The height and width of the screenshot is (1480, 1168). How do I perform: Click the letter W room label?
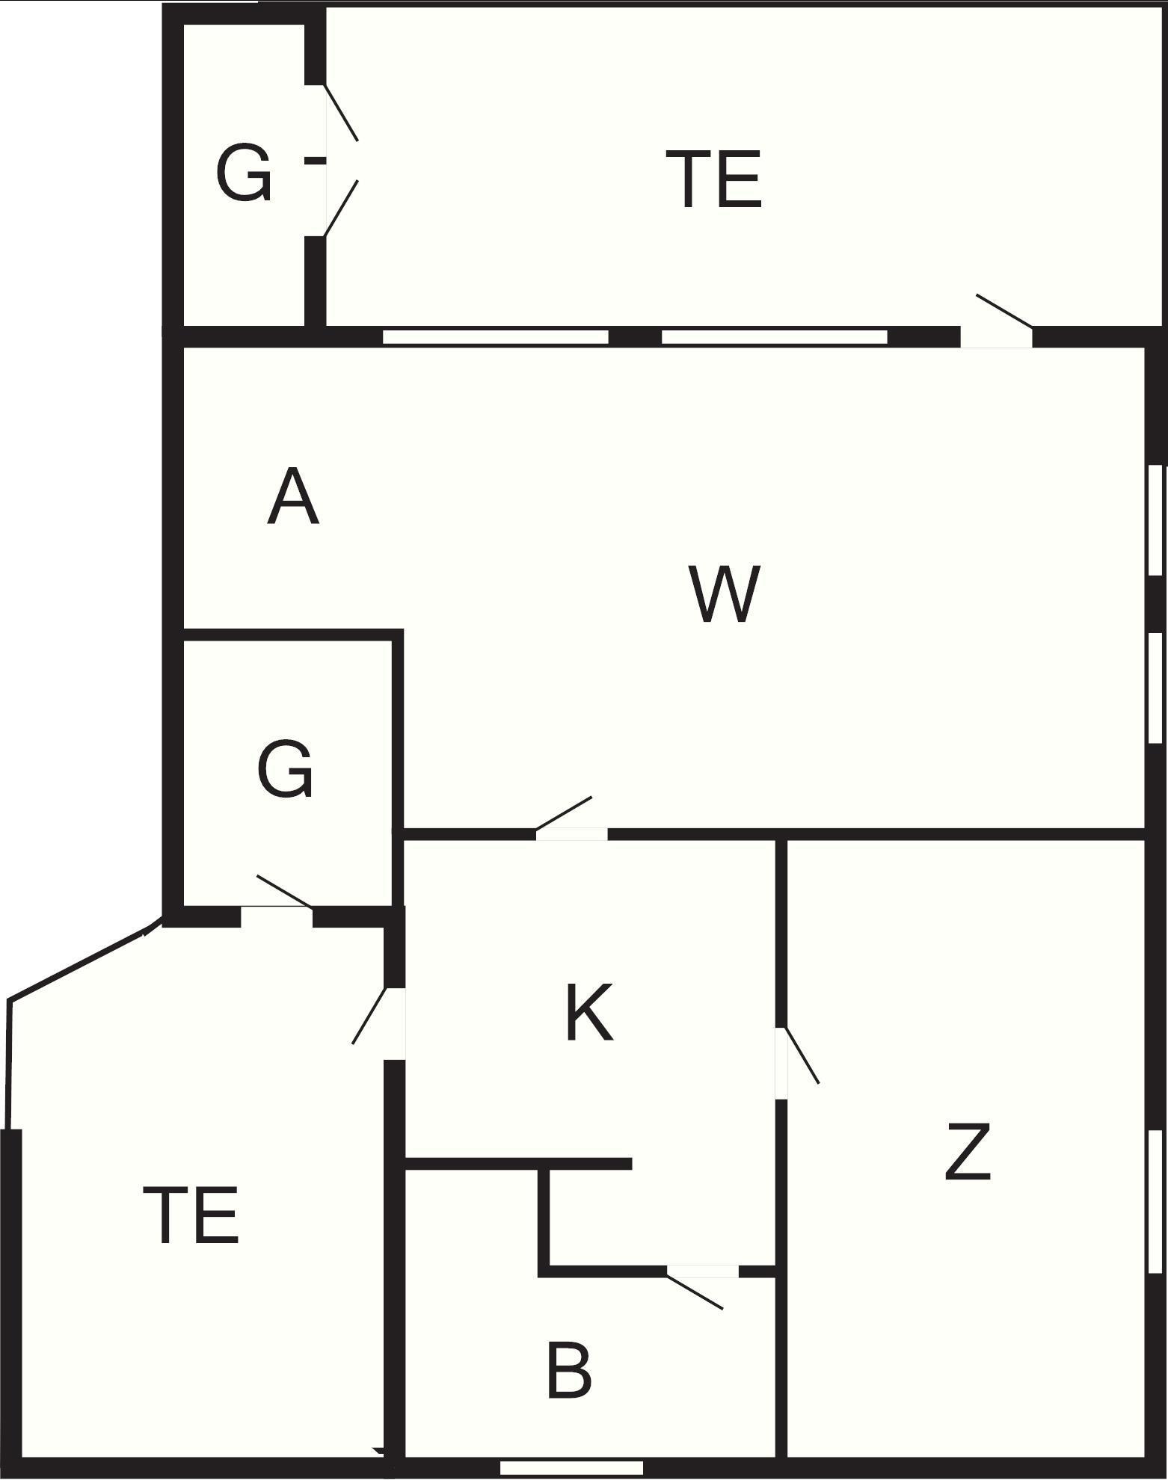tap(724, 594)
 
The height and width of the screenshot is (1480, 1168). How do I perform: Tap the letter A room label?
tap(293, 497)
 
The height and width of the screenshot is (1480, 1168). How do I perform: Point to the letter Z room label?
tap(968, 1152)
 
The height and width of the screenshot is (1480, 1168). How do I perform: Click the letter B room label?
tap(569, 1371)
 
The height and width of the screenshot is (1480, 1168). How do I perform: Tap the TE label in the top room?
tap(713, 179)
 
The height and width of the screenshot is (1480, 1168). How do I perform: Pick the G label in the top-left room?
tap(243, 173)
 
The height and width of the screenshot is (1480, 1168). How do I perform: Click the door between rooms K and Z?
tap(782, 1062)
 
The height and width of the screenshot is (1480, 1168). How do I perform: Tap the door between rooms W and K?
tap(571, 833)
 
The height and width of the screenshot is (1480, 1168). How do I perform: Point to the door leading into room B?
tap(702, 1271)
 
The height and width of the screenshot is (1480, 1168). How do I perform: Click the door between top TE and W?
tap(996, 336)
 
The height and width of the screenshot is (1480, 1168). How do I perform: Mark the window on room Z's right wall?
tap(1155, 1200)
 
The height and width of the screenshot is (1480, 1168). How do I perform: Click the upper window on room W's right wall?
tap(1155, 520)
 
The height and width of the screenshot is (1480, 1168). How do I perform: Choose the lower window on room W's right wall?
tap(1155, 688)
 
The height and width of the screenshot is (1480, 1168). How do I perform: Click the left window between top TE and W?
tap(495, 337)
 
